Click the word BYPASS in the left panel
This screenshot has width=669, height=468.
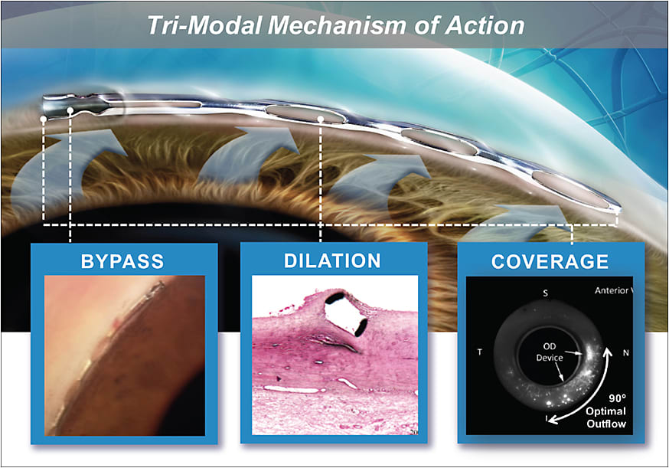tap(123, 260)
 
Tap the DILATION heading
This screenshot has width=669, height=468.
tap(332, 260)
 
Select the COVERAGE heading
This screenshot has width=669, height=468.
tap(550, 261)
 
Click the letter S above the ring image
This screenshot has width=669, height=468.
tap(545, 293)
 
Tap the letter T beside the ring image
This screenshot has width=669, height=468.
tap(479, 352)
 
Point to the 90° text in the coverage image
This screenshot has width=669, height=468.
tap(617, 398)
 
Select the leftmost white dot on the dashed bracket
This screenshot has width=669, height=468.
tap(44, 119)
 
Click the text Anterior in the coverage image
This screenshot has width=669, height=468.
tap(612, 290)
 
